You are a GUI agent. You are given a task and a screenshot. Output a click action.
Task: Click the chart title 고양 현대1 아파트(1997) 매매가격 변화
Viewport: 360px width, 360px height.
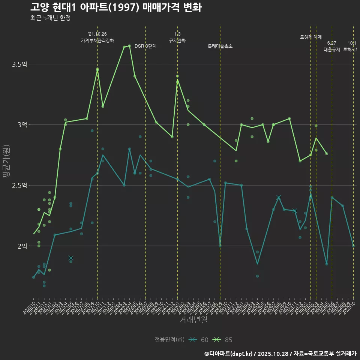click(116, 7)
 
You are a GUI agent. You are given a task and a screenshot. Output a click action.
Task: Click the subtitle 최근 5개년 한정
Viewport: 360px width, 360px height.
click(50, 18)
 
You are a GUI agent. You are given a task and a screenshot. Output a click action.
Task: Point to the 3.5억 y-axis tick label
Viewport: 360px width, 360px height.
click(19, 64)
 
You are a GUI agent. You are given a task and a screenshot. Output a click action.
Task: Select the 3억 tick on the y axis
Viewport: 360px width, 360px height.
click(22, 125)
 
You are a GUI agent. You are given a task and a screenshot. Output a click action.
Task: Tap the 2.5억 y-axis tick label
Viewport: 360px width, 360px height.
click(19, 186)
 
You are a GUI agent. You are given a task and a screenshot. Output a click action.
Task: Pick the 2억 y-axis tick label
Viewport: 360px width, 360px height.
click(22, 246)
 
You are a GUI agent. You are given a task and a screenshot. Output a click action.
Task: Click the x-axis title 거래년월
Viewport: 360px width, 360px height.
click(193, 320)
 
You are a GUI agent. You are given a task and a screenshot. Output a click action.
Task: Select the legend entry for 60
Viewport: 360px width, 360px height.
click(199, 340)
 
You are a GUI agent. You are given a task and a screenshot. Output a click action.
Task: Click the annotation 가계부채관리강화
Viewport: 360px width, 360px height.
click(97, 40)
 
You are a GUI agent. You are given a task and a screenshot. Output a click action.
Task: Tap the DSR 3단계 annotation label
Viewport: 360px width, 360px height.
click(145, 46)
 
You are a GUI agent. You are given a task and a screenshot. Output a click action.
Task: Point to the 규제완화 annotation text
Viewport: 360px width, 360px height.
click(177, 40)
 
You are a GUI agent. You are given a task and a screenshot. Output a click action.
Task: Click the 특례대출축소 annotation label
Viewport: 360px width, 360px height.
click(220, 46)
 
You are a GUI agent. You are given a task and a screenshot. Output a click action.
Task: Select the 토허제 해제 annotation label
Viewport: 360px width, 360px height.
click(311, 37)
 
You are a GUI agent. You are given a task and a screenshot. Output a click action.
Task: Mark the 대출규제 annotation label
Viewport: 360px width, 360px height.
click(332, 49)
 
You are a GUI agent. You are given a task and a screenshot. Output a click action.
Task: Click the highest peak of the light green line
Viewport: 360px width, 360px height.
click(129, 46)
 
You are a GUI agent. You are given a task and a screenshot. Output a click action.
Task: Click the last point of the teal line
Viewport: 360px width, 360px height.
click(353, 246)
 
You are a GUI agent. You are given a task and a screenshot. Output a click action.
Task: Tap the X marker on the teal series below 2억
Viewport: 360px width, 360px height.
click(71, 258)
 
